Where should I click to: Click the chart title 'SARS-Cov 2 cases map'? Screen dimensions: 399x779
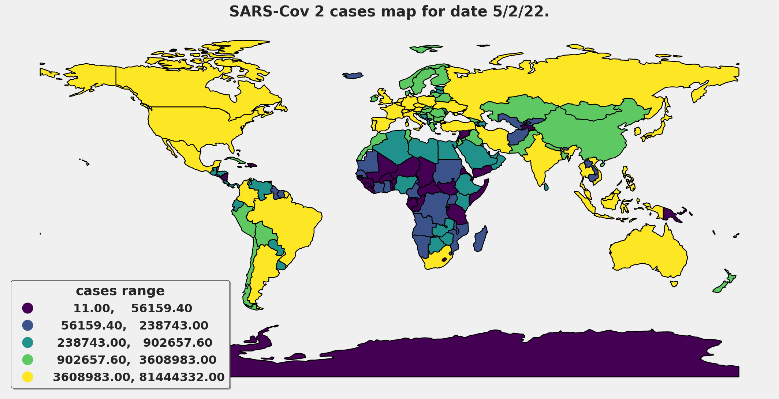coord(389,12)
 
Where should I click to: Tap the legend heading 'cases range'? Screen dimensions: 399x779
coord(120,291)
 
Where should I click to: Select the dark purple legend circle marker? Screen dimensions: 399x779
coord(28,308)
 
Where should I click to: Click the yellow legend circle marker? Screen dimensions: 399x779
coord(28,377)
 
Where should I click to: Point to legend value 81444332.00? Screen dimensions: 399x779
coord(182,377)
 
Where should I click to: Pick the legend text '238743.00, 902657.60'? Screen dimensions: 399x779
coord(134,343)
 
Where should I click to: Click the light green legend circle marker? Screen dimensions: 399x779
coord(28,360)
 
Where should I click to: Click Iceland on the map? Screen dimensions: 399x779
coord(353,76)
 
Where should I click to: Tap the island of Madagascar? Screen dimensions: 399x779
coord(480,240)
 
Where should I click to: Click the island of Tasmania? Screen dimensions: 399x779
coord(674,284)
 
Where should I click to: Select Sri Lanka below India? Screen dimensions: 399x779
coord(546,187)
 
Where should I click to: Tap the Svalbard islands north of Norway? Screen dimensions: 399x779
coord(425,49)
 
